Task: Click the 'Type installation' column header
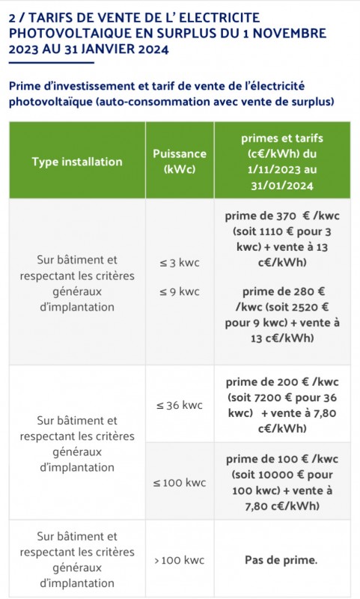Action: pos(77,162)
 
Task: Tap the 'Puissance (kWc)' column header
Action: pos(179,161)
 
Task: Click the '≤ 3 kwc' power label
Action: pos(179,263)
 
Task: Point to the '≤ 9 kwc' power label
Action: pos(179,291)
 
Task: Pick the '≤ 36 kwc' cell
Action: pos(179,405)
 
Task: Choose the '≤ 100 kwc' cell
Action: pos(179,482)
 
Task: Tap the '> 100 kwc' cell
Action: pos(179,559)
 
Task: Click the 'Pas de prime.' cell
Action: pos(281,559)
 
